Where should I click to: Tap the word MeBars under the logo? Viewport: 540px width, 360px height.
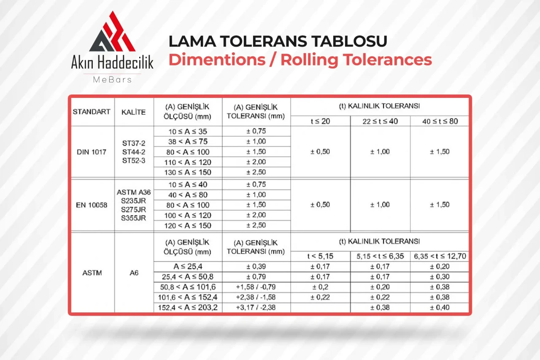(x=112, y=79)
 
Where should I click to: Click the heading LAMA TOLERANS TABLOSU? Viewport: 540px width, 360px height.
(x=278, y=41)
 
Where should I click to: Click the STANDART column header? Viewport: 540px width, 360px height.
(x=92, y=112)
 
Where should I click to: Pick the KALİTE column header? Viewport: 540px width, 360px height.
(x=133, y=112)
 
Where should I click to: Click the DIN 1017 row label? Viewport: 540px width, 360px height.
(x=92, y=152)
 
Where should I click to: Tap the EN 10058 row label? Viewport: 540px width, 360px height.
(x=92, y=205)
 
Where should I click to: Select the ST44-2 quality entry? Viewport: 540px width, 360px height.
(x=134, y=152)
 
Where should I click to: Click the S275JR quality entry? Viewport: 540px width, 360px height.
(x=134, y=209)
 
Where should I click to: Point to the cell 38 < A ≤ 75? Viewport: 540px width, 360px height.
(x=188, y=141)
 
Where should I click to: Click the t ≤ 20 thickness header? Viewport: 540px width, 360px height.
(x=320, y=122)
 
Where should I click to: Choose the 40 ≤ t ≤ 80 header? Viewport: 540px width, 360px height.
(x=440, y=122)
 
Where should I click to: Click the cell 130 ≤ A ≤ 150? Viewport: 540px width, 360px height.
(x=188, y=172)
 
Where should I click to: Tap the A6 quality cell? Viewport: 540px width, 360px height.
(x=134, y=273)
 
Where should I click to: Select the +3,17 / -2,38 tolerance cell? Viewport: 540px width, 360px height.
(x=256, y=308)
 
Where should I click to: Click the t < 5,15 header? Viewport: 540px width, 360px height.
(x=320, y=256)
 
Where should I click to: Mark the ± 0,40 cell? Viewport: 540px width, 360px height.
(x=440, y=308)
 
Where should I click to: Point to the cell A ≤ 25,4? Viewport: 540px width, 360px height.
(x=188, y=267)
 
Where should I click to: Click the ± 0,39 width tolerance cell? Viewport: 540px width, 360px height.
(x=256, y=267)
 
